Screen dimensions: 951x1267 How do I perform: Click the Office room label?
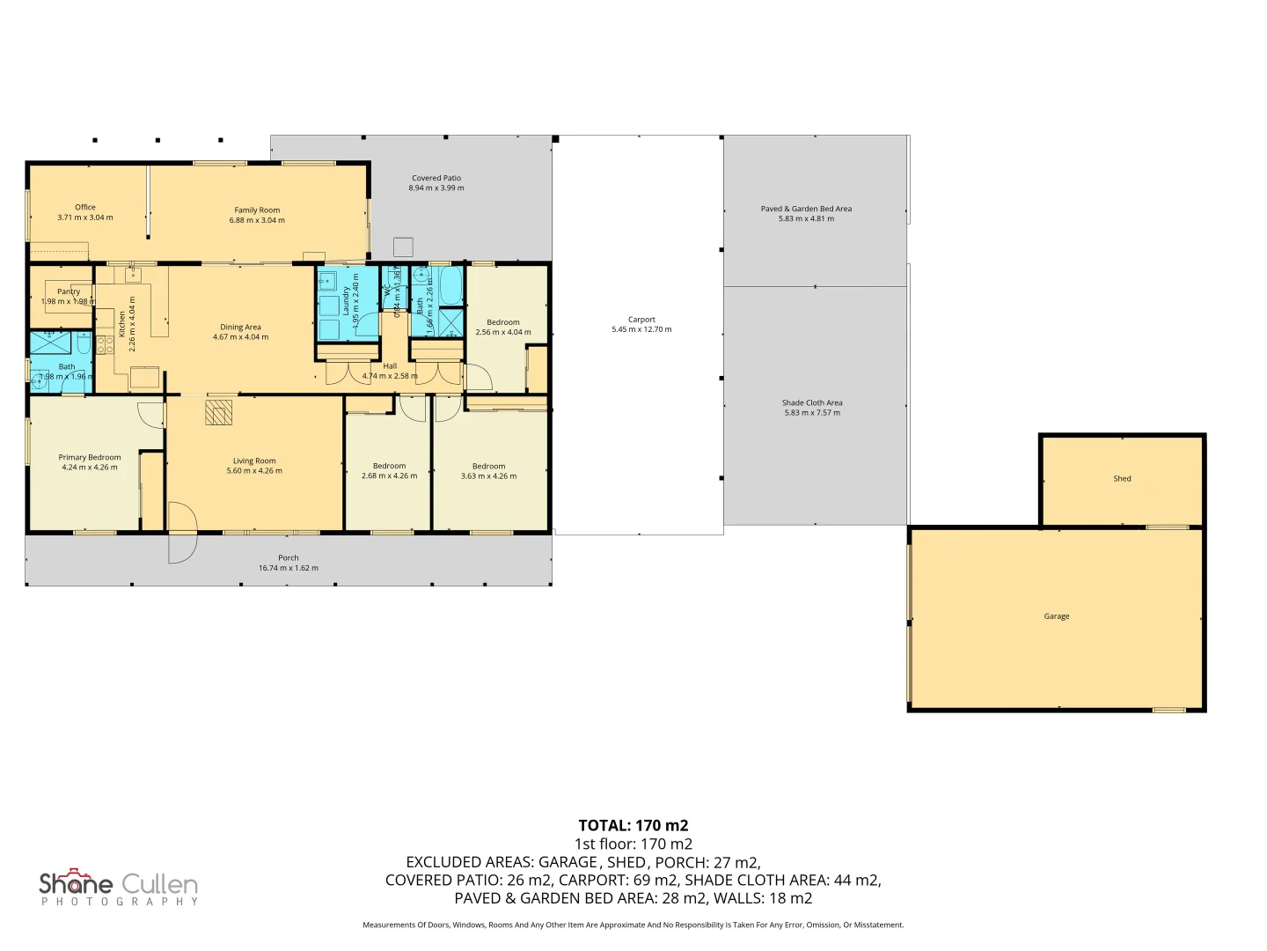tap(85, 208)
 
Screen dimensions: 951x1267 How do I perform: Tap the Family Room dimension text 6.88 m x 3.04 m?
tap(257, 220)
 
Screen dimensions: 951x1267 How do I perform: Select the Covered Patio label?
tap(436, 178)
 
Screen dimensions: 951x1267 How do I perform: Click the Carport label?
tap(641, 320)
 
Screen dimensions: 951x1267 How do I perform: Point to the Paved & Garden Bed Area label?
tap(806, 209)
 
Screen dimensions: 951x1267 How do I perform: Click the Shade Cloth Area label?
tap(812, 402)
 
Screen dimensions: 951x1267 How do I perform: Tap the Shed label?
tap(1122, 479)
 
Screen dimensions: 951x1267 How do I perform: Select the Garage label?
tap(1057, 616)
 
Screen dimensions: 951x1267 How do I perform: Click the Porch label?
tap(288, 557)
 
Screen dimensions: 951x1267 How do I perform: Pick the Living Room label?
tap(254, 461)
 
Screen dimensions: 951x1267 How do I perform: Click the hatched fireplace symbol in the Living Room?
tap(218, 412)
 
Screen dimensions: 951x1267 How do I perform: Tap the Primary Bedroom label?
tap(90, 457)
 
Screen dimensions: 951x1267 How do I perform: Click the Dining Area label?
tap(240, 327)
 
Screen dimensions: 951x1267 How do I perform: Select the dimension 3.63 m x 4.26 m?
tap(488, 476)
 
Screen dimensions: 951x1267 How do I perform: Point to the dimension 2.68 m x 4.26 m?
tap(389, 476)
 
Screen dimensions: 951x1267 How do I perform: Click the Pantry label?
tap(69, 291)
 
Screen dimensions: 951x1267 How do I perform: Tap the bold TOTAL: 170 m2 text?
tap(633, 825)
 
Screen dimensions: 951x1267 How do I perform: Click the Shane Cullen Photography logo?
tap(119, 888)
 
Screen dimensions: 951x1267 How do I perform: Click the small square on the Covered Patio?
tap(403, 247)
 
